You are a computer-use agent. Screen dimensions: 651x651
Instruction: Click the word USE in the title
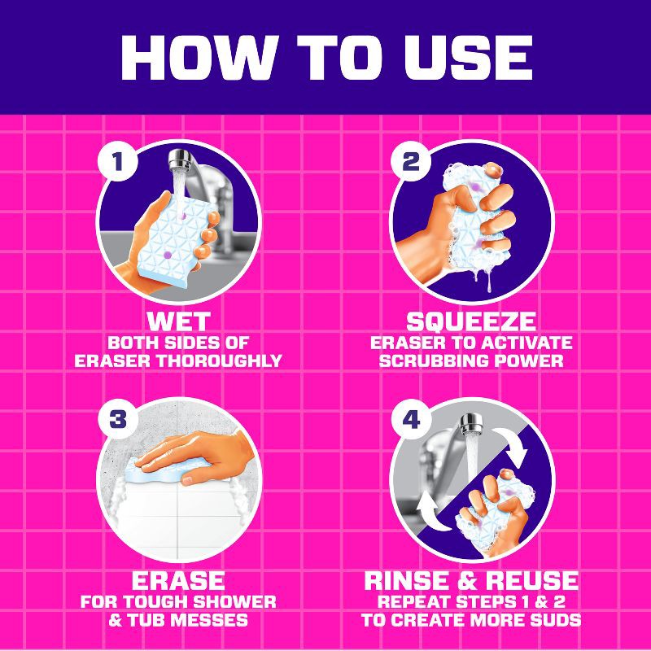point(469,58)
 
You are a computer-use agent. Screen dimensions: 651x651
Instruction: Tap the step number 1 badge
point(117,160)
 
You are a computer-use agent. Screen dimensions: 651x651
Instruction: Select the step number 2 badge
point(410,160)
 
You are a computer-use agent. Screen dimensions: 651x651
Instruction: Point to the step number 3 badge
point(117,419)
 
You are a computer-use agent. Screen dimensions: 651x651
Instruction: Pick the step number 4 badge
point(411,419)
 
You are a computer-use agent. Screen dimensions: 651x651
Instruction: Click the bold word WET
point(178,321)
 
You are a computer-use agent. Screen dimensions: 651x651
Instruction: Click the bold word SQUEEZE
point(471,321)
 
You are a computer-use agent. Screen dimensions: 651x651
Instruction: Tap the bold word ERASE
point(178,580)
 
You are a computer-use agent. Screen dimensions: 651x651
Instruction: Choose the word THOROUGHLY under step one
point(219,360)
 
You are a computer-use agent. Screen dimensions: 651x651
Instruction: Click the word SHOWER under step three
point(234,601)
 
